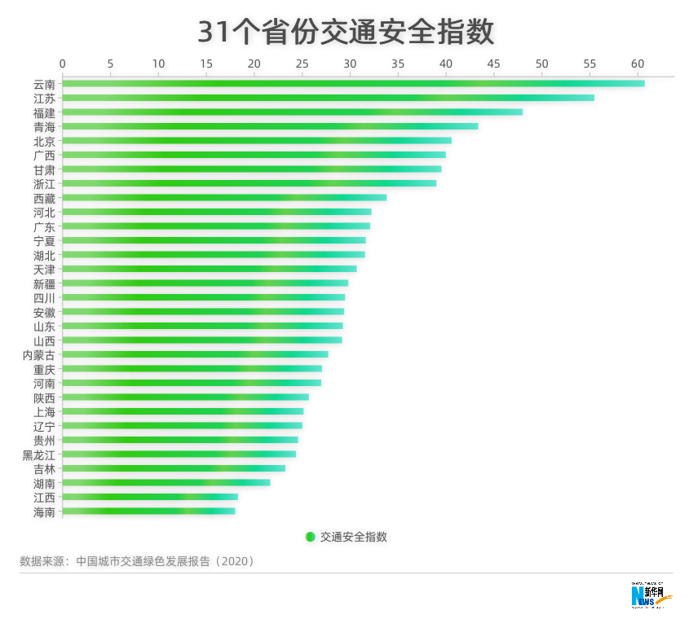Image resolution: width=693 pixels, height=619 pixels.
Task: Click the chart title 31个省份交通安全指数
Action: point(346,32)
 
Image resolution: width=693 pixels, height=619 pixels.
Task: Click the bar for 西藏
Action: point(224,197)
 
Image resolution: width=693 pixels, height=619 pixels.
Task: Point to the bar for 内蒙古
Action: point(195,354)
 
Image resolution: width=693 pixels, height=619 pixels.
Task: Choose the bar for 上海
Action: point(183,411)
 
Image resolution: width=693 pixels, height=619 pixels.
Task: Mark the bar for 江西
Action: point(150,497)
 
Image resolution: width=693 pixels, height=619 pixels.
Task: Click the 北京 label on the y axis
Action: point(45,141)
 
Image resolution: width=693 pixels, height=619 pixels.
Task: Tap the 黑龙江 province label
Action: point(39,454)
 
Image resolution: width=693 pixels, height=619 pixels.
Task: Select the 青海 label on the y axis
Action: point(45,126)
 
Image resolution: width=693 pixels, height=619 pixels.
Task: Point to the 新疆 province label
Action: point(45,283)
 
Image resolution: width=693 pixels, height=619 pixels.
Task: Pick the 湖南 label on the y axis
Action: point(45,483)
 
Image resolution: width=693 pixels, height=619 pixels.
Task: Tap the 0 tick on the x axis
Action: point(63,64)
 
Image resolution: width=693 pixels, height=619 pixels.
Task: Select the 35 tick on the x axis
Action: point(398,64)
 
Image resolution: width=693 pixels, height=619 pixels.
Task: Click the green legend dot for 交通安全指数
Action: point(310,537)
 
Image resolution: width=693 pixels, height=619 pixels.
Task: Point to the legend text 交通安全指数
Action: point(353,537)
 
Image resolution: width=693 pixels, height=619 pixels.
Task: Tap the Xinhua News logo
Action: point(651,595)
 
